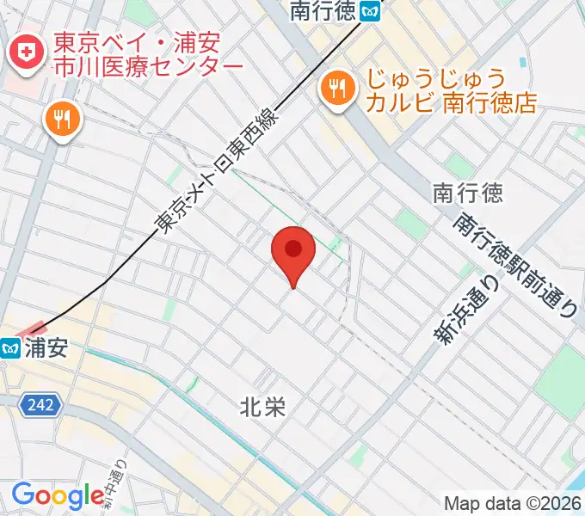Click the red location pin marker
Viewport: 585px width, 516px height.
293,252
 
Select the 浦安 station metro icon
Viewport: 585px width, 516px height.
11,348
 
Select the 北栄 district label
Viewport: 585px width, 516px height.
262,407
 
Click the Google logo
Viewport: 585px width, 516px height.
58,495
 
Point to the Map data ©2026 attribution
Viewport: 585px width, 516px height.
513,503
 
